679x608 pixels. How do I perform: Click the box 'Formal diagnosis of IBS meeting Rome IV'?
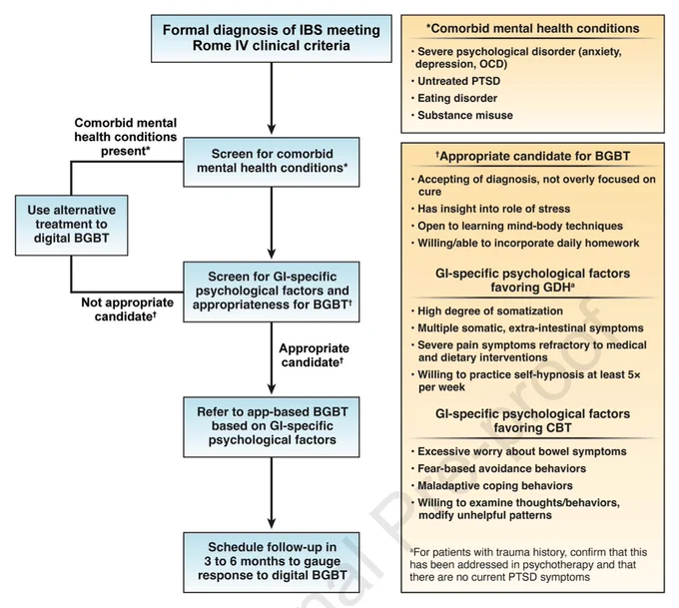pos(272,39)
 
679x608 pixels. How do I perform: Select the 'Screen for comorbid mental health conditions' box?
pos(272,162)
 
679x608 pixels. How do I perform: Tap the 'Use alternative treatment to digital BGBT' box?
pos(72,225)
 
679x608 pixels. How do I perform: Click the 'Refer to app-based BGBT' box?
pos(272,426)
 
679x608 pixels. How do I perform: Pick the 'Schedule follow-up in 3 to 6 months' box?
pos(272,562)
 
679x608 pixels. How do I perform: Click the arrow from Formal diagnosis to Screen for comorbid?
pos(272,98)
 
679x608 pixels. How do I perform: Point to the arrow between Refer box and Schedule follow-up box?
pos(272,493)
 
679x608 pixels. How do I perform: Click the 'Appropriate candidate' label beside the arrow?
pos(314,355)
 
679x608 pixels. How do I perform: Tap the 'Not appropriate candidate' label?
pos(127,309)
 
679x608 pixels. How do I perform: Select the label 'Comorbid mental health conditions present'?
pos(126,137)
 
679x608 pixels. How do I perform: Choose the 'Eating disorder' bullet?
pos(454,98)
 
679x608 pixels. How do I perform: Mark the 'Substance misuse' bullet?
pos(462,115)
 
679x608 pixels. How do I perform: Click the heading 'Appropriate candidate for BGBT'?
pos(532,156)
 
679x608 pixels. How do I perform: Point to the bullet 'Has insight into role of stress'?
pos(490,209)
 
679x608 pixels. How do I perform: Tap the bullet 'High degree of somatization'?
pos(487,310)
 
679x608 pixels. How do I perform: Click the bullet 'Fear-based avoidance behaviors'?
pos(498,468)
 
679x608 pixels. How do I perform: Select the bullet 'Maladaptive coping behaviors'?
pos(492,486)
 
